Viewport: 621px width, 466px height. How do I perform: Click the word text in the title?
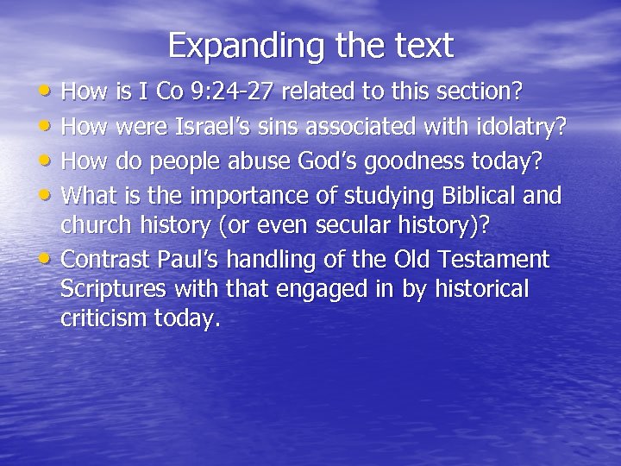coord(419,46)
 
